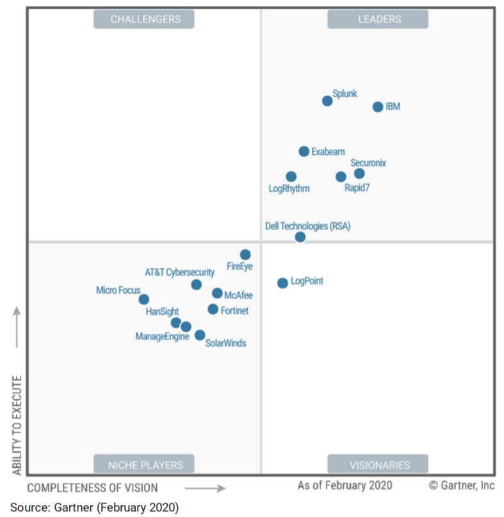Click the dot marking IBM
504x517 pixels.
click(378, 107)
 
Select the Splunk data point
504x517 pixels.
click(327, 101)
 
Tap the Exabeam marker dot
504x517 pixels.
click(304, 152)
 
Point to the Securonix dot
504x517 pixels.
click(359, 174)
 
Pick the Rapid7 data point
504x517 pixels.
click(341, 177)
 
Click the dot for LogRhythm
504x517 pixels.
click(291, 176)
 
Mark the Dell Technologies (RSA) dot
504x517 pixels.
click(300, 237)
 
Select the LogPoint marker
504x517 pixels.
click(282, 283)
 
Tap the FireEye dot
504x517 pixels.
click(245, 254)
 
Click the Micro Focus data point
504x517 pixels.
click(144, 299)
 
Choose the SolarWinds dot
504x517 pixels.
click(200, 335)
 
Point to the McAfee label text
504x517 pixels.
click(238, 295)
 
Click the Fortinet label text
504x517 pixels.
click(234, 311)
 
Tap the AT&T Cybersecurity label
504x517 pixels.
click(179, 272)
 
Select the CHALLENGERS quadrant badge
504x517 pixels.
click(144, 19)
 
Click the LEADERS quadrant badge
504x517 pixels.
click(378, 19)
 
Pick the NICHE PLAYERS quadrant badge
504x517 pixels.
click(144, 465)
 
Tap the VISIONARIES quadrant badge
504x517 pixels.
click(378, 465)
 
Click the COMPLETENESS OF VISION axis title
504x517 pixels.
click(92, 488)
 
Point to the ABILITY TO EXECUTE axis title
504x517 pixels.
click(17, 425)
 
